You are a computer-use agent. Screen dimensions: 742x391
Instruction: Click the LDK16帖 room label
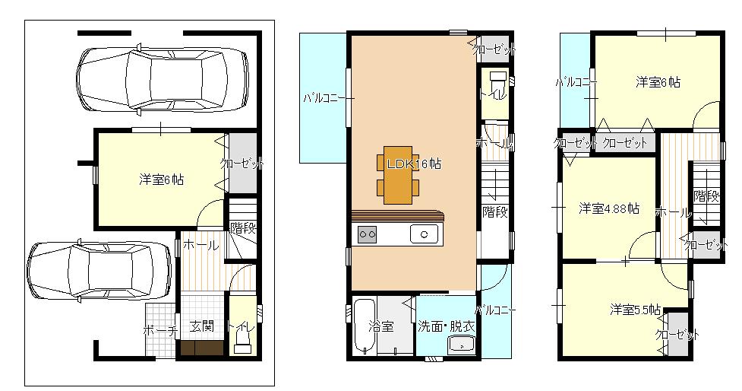[414, 164]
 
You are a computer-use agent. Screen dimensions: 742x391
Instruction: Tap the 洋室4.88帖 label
[608, 208]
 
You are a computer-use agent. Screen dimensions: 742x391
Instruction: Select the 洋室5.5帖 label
[635, 310]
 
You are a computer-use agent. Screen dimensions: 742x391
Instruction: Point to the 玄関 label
[201, 326]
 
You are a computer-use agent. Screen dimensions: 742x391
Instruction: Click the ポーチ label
[160, 330]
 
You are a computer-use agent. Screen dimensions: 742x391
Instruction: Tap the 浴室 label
[381, 326]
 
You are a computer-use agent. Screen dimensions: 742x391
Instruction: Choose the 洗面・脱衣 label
[447, 326]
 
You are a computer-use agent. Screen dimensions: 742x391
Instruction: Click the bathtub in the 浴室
[365, 326]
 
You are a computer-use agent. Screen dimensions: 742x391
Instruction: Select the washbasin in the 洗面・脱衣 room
[462, 345]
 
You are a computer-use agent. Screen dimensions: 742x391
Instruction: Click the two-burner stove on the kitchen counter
[368, 234]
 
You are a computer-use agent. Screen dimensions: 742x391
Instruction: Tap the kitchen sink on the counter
[424, 234]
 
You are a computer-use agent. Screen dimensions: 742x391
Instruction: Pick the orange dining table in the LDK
[397, 175]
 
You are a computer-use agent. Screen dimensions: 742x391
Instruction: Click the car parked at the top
[163, 78]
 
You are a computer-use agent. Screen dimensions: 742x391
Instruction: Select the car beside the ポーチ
[99, 270]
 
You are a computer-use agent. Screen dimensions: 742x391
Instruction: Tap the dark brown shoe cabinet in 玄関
[201, 348]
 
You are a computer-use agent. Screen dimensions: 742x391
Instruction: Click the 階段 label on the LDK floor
[495, 211]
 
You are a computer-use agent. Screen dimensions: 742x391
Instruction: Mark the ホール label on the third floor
[674, 213]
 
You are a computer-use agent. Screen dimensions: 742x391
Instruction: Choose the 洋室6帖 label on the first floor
[161, 180]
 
